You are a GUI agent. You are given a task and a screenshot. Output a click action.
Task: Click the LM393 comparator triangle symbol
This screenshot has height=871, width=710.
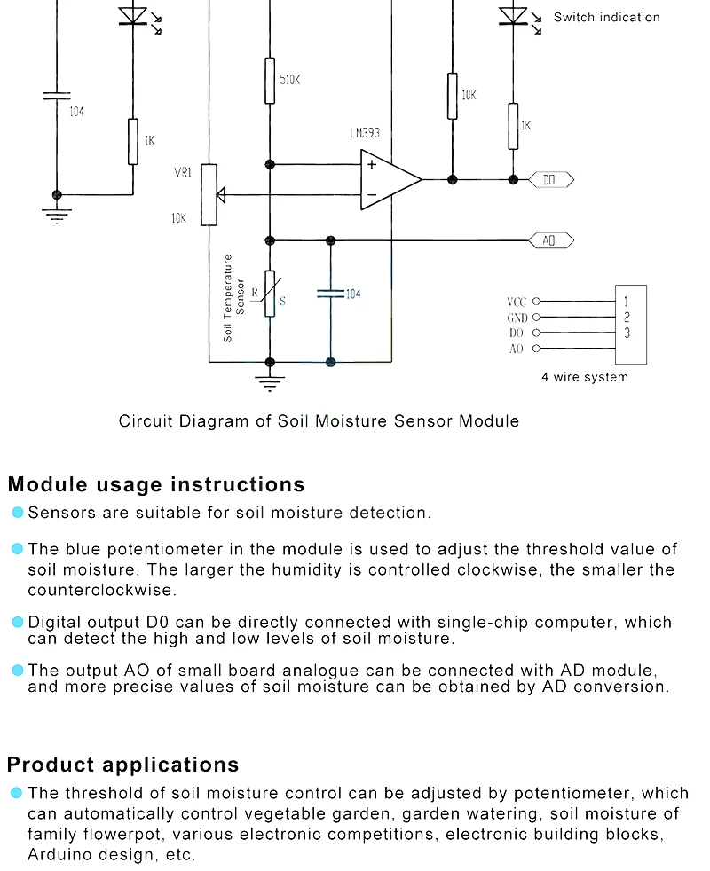[x=389, y=180]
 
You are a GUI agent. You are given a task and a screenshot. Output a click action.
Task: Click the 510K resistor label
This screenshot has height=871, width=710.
[x=290, y=80]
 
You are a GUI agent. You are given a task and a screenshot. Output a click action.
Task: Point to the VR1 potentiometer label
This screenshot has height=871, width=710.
[x=183, y=172]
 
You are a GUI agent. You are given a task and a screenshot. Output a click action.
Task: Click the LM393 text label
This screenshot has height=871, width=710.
[x=364, y=134]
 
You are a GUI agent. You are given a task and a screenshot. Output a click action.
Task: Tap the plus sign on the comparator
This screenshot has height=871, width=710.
[x=372, y=164]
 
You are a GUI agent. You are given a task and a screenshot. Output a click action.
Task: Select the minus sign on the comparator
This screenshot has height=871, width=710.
[x=372, y=194]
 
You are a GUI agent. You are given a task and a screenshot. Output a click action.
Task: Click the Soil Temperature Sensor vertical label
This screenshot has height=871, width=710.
[x=233, y=298]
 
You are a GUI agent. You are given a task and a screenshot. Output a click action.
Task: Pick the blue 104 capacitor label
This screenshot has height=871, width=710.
[x=353, y=294]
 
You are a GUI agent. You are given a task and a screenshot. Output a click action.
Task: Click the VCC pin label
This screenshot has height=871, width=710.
[x=517, y=302]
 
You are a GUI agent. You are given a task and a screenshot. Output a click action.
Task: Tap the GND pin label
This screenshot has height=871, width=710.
[x=517, y=318]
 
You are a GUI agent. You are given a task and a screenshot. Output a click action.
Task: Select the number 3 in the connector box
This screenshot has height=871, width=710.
[x=627, y=333]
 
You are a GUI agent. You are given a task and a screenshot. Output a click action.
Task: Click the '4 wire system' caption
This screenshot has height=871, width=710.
[x=585, y=377]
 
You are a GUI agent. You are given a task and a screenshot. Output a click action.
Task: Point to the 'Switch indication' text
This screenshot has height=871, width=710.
[x=606, y=17]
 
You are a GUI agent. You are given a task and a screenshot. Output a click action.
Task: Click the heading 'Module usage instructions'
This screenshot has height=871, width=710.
[x=156, y=484]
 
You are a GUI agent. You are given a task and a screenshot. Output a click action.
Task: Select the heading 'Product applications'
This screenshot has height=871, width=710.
[x=123, y=765]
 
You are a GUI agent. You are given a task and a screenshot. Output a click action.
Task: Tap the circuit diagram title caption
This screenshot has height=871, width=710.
[x=319, y=420]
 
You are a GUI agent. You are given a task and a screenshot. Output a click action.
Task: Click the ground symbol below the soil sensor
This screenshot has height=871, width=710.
[x=270, y=383]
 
